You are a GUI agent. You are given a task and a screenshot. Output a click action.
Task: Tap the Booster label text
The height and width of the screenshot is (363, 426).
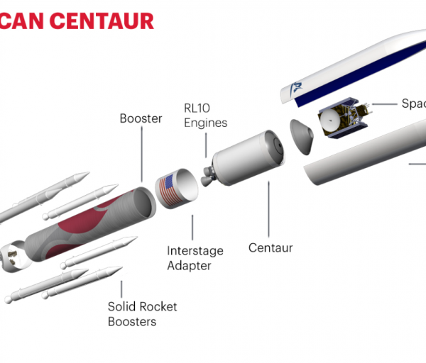pyautogui.click(x=141, y=118)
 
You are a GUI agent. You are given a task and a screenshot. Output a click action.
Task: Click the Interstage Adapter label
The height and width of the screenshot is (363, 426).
pyautogui.click(x=195, y=258)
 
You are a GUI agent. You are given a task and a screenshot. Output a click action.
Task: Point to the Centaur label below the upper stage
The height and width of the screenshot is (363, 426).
pyautogui.click(x=271, y=248)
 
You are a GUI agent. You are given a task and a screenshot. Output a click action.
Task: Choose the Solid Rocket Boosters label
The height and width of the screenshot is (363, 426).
pyautogui.click(x=142, y=314)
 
